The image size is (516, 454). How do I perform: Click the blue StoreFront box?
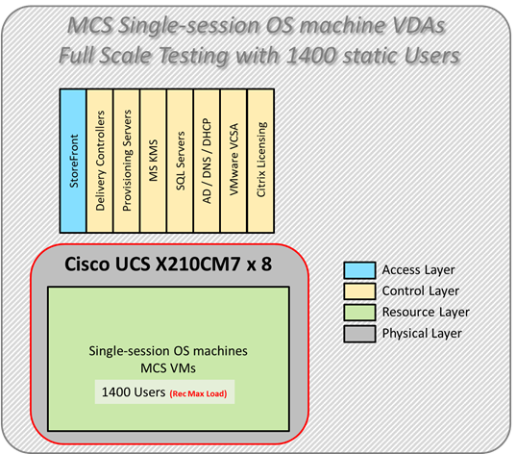73,160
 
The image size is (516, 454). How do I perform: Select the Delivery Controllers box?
100,160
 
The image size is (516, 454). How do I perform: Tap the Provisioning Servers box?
127,160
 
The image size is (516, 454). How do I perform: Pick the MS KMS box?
154,160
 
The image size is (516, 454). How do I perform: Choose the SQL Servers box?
181,160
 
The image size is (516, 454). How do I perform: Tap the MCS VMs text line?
168,369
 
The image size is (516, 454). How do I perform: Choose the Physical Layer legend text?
422,333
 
